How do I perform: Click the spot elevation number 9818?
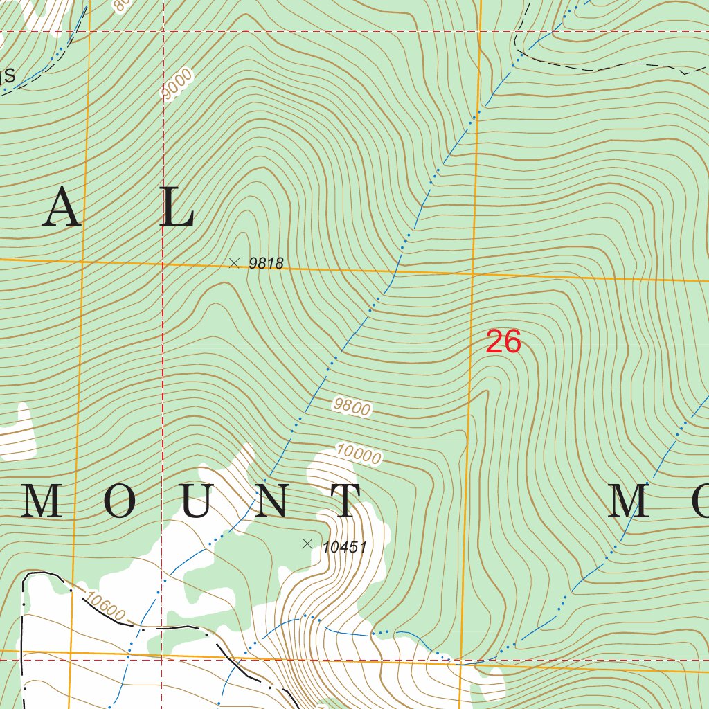point(266,263)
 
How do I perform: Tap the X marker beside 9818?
point(234,262)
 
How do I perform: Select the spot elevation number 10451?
point(344,547)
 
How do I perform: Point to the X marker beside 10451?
point(307,544)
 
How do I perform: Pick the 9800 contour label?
point(351,406)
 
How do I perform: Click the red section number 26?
point(503,342)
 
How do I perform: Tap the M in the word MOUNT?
point(43,501)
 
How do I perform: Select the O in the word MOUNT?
point(119,501)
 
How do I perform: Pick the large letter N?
point(271,501)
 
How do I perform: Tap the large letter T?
point(344,501)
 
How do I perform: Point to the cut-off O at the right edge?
point(698,501)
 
